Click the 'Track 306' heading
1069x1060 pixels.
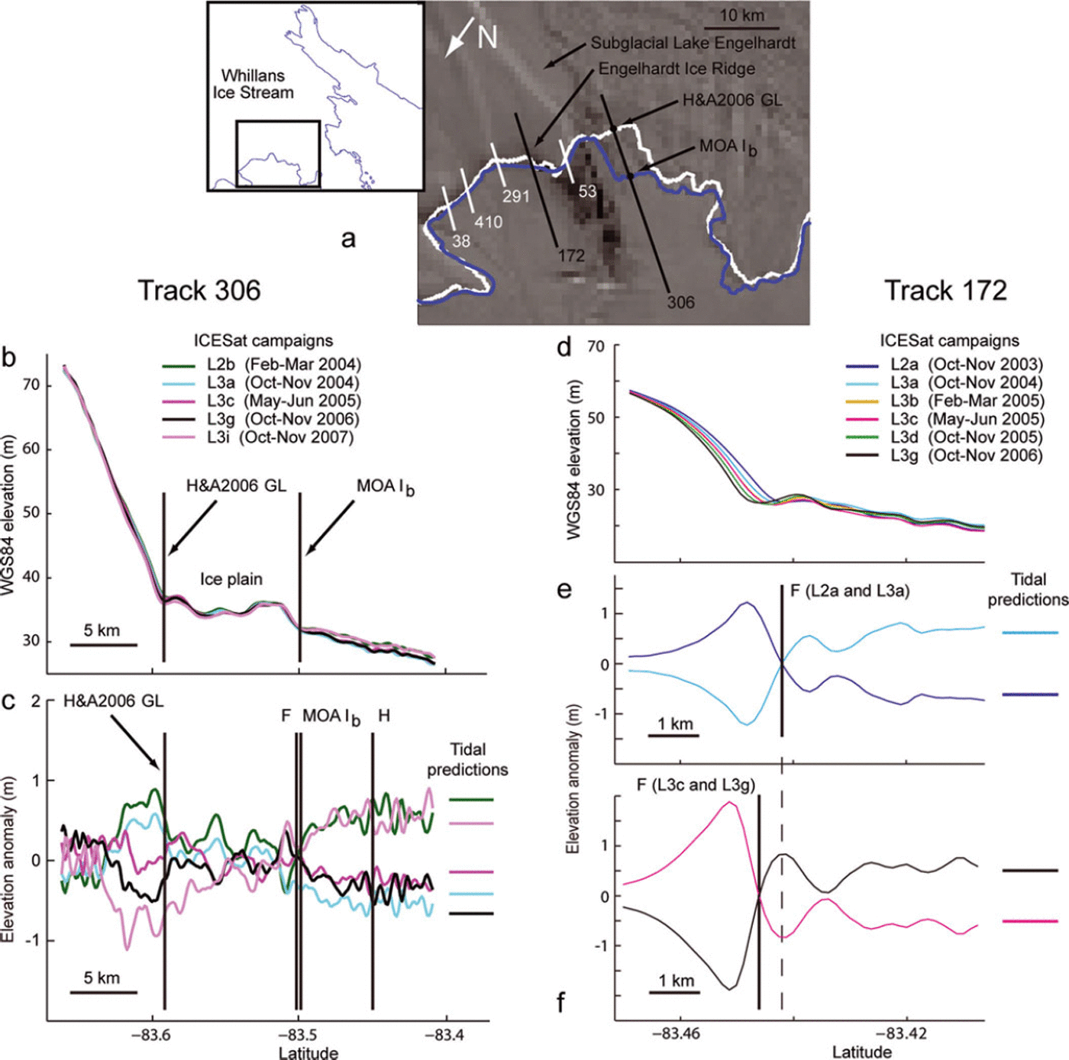(199, 291)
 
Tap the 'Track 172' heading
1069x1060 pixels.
(945, 291)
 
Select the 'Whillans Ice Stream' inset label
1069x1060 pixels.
(253, 84)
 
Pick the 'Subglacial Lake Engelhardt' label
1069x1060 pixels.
(693, 43)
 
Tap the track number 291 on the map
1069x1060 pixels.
(515, 197)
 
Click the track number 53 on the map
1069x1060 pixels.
(586, 192)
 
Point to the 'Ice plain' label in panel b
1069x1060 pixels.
(231, 579)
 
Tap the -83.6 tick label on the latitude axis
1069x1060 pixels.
(150, 1036)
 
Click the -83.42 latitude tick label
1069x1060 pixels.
(902, 1034)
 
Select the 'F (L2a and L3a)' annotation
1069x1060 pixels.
(850, 591)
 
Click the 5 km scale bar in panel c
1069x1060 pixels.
(103, 991)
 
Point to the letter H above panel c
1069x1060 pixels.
(384, 716)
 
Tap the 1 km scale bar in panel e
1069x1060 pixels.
(674, 736)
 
